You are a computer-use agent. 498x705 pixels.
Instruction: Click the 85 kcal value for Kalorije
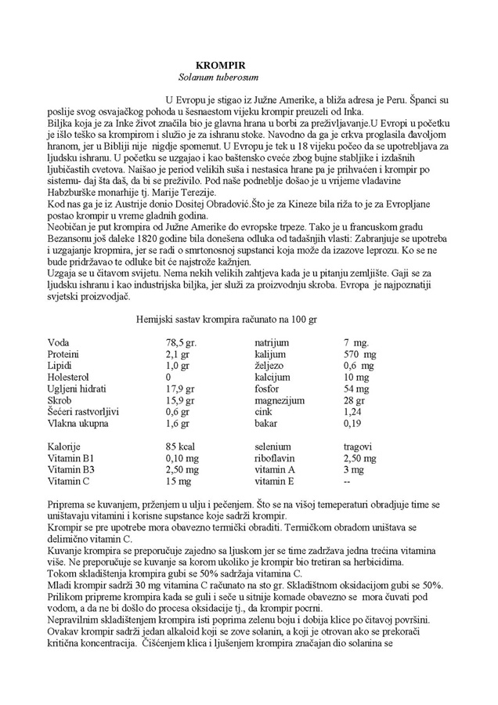(181, 446)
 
